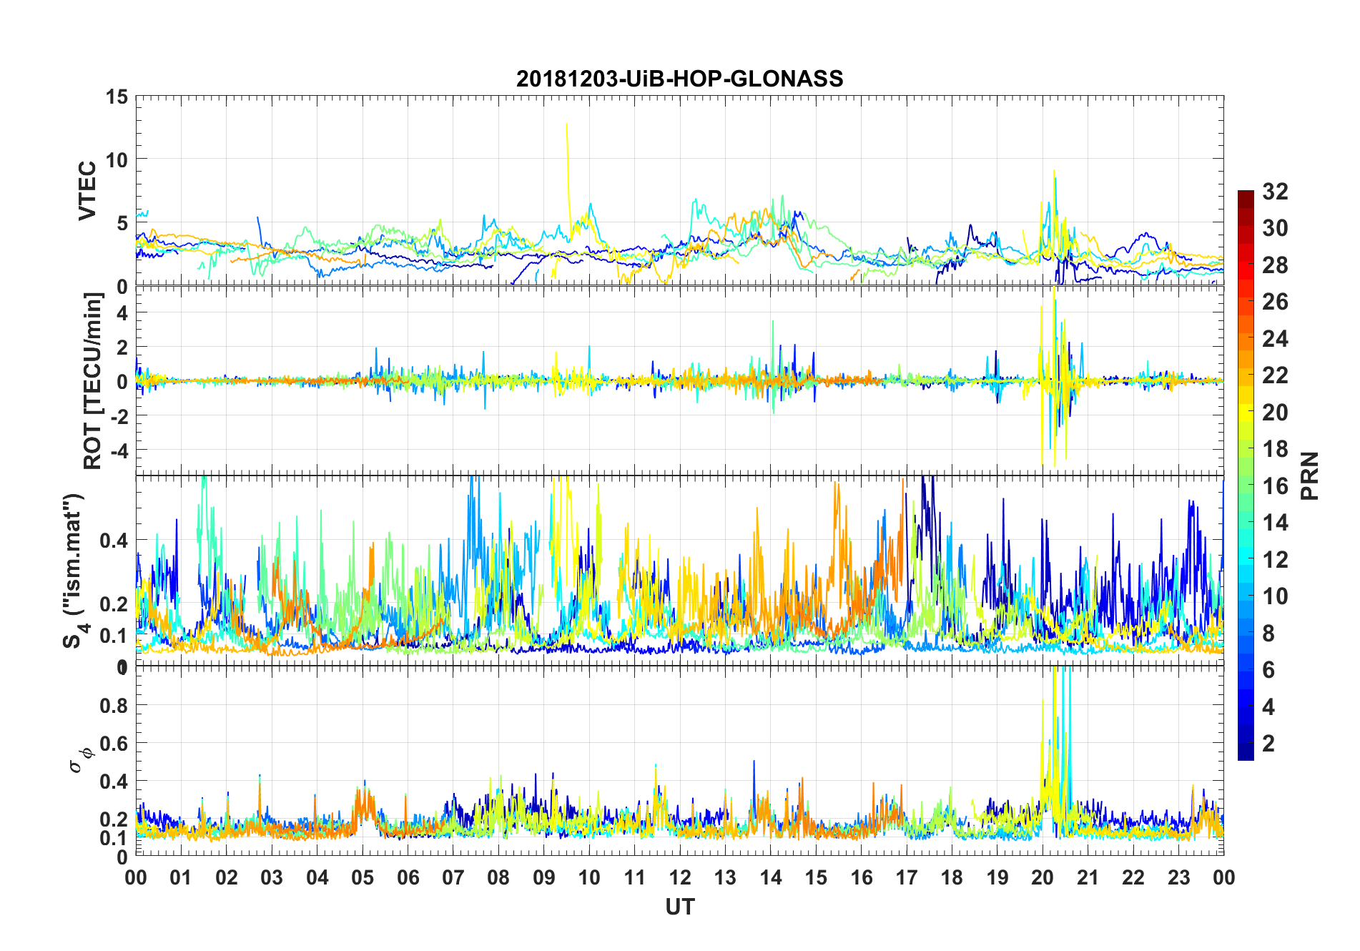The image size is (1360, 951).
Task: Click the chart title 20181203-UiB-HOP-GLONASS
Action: pos(679,79)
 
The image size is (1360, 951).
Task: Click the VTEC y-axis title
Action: pos(87,191)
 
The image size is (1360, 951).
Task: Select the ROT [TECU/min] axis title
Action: pos(93,380)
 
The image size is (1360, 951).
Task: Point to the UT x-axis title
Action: pos(679,907)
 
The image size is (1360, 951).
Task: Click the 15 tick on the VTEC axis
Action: pos(117,97)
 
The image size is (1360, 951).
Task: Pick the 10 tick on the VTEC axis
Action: pos(117,159)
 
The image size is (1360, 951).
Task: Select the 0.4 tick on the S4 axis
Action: pos(114,540)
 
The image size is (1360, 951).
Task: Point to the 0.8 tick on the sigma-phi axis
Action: pos(114,705)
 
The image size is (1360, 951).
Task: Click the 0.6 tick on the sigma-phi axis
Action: pos(114,744)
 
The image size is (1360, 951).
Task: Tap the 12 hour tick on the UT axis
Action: pos(680,877)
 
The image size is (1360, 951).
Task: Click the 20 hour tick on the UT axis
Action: pos(1043,877)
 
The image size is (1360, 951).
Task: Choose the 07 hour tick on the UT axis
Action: pos(453,877)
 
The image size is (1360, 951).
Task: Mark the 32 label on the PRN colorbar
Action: pos(1275,192)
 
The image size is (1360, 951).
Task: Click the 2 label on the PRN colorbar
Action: pos(1268,744)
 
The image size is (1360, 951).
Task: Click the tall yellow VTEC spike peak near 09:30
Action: pos(566,124)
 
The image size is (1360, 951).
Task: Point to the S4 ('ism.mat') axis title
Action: pos(74,570)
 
